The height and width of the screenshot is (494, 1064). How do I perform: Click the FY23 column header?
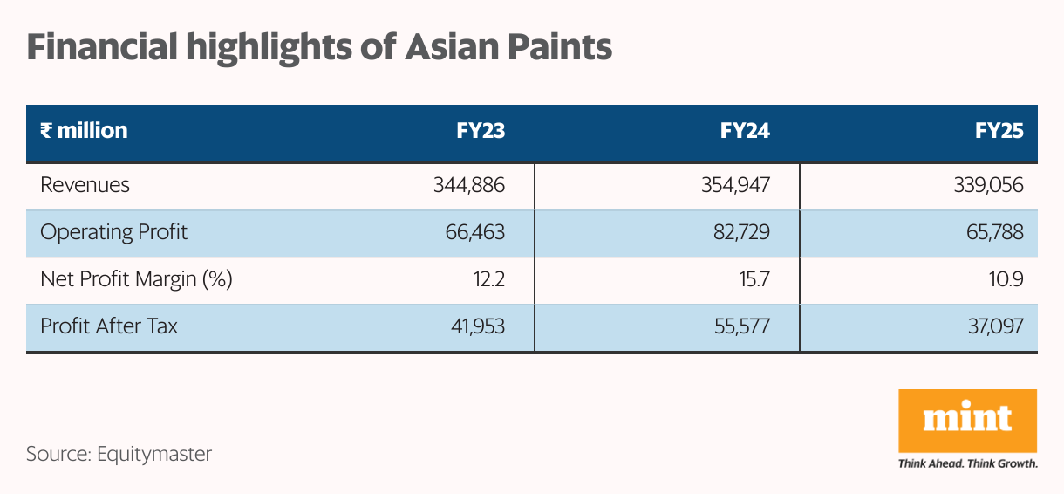click(x=481, y=131)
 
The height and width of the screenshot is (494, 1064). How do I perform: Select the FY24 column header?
click(x=745, y=131)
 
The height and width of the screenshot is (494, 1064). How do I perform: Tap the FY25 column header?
click(x=999, y=131)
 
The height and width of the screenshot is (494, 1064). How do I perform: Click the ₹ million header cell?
click(x=84, y=131)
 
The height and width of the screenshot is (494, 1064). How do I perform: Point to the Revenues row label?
click(x=85, y=185)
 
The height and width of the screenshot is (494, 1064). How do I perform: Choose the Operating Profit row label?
click(x=113, y=233)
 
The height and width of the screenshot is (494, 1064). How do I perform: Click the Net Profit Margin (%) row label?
click(x=136, y=280)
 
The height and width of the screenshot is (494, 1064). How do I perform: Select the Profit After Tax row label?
click(x=109, y=327)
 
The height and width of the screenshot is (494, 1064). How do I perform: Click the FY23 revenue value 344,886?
click(x=469, y=185)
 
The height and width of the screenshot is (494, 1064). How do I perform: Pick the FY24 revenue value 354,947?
click(x=734, y=185)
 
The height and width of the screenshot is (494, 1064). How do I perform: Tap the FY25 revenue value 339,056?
click(x=989, y=185)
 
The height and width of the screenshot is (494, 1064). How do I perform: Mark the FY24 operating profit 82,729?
click(x=742, y=233)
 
